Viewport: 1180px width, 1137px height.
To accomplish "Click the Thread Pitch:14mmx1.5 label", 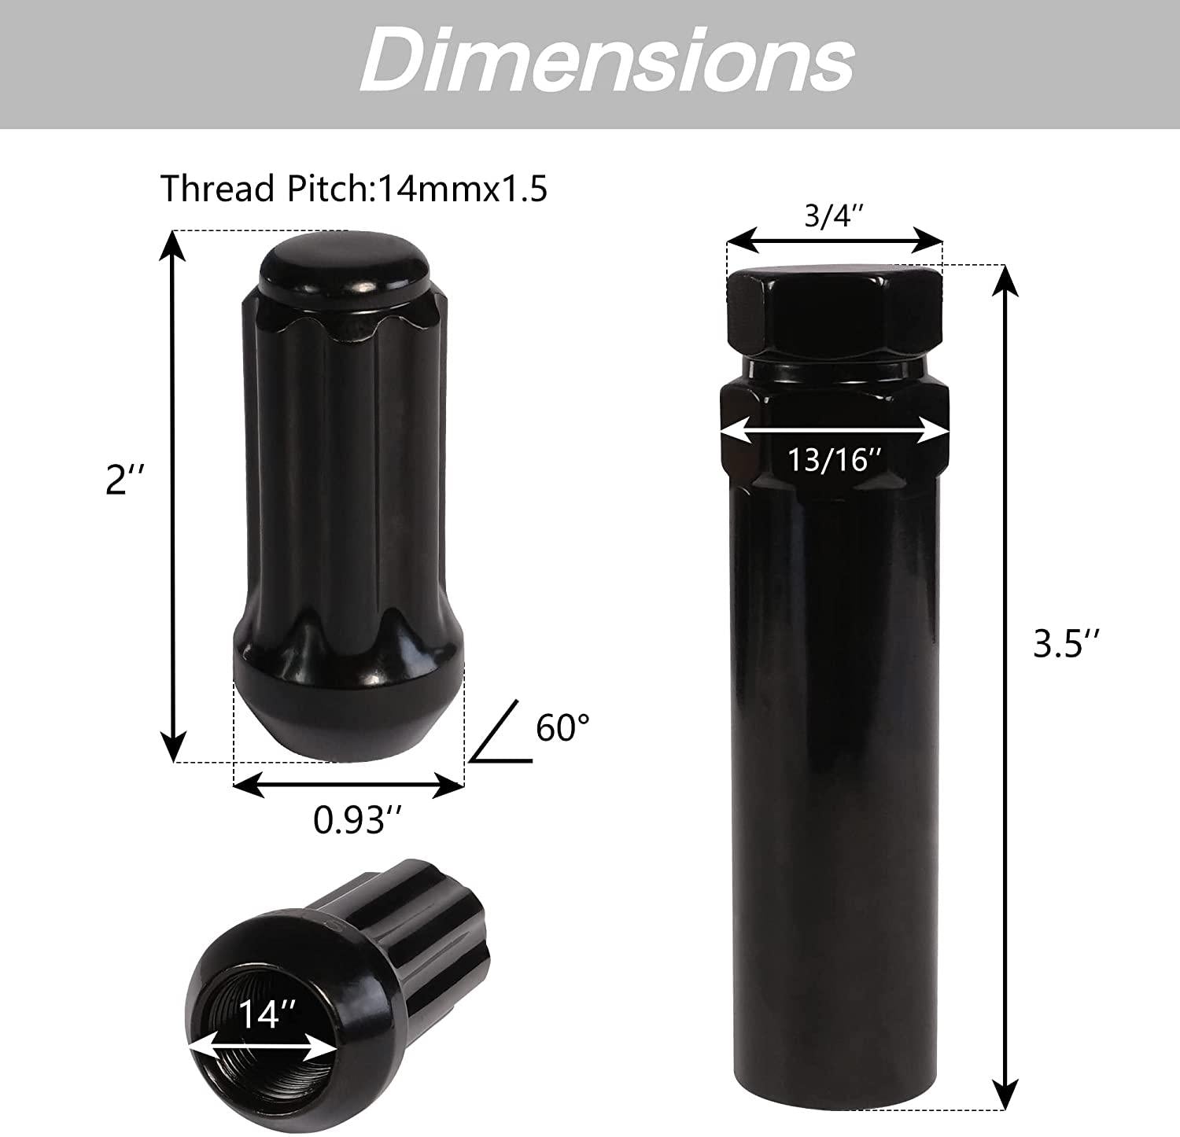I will tap(354, 189).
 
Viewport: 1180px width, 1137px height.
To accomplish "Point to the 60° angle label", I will tap(562, 728).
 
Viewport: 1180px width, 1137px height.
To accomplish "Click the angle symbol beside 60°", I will tap(500, 736).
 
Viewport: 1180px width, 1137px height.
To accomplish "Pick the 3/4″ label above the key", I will tap(834, 216).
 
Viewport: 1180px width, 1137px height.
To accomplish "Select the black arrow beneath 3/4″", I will tap(834, 238).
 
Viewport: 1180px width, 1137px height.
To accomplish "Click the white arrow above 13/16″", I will tap(835, 431).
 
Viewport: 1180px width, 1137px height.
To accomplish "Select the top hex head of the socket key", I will tap(834, 311).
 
